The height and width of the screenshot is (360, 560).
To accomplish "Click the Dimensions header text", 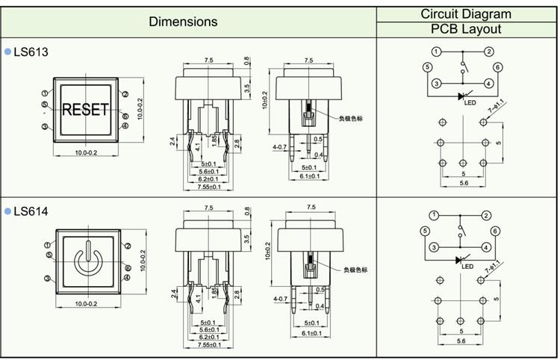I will click(183, 22).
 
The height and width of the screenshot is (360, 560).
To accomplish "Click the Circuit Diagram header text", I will click(465, 13).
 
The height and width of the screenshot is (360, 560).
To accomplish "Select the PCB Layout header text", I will click(465, 30).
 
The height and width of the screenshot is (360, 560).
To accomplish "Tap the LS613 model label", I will click(31, 52).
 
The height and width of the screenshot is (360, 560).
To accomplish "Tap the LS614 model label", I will click(31, 212).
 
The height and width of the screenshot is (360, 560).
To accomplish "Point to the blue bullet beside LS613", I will click(8, 52).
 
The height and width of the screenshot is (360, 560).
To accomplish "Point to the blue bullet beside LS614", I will click(8, 212).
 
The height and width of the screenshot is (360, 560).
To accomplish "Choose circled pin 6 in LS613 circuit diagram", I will click(497, 67).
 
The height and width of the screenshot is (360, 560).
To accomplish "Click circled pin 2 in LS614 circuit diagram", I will click(486, 216).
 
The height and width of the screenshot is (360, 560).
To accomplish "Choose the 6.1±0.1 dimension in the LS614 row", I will click(309, 333).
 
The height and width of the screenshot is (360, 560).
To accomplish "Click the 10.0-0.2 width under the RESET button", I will click(86, 153).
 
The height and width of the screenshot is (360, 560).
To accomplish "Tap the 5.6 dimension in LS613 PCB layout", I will click(464, 183).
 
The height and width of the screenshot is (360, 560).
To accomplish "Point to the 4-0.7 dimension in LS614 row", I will click(281, 300).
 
